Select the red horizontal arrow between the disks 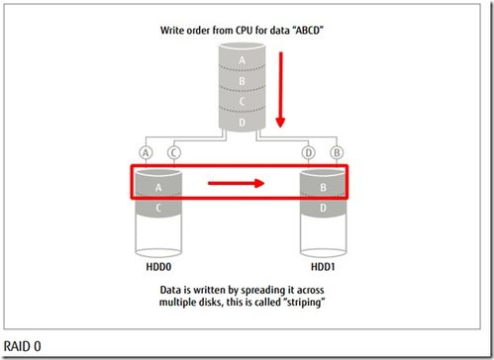point(237,182)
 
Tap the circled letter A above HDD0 point(147,152)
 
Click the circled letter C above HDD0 point(175,152)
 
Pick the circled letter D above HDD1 point(308,152)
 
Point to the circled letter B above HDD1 point(337,152)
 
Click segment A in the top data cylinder point(242,58)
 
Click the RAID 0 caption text point(23,346)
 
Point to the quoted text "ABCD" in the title point(309,30)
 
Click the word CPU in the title point(236,30)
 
